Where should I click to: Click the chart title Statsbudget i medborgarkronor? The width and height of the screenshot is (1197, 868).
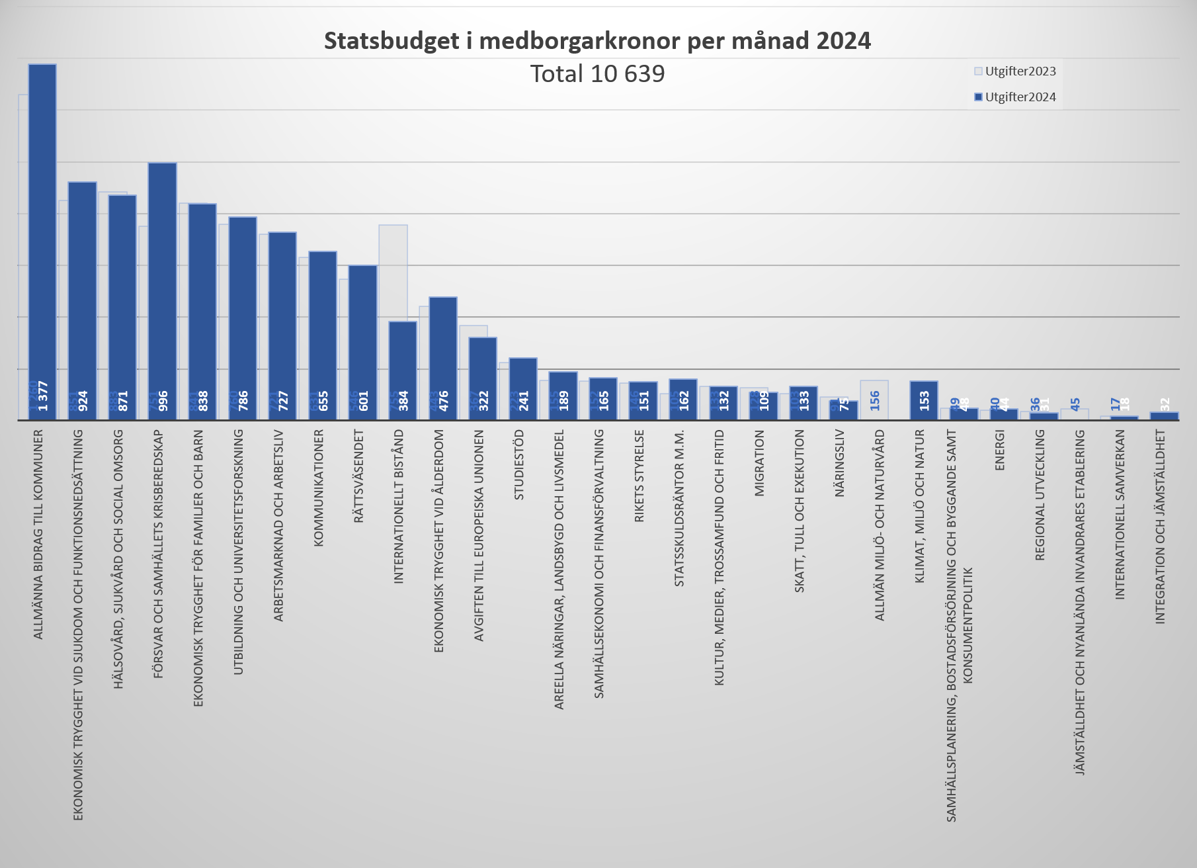click(x=597, y=41)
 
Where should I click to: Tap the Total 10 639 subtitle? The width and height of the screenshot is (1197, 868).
click(x=597, y=73)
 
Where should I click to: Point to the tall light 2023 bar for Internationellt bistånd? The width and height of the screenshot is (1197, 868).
click(x=393, y=271)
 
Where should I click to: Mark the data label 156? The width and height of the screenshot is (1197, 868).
click(x=875, y=400)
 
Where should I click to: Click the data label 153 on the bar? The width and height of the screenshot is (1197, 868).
click(x=924, y=400)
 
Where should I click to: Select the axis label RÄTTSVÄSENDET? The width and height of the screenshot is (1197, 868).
click(x=359, y=476)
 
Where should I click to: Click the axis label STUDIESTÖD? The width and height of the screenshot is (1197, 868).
click(x=519, y=465)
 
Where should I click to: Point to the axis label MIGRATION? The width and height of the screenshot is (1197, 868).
click(x=759, y=463)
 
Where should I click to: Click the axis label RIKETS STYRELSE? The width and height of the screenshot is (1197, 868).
click(x=639, y=476)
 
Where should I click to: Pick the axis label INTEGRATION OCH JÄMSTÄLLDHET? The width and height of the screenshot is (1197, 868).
click(x=1160, y=527)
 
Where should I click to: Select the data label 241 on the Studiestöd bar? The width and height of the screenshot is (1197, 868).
click(x=523, y=401)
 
